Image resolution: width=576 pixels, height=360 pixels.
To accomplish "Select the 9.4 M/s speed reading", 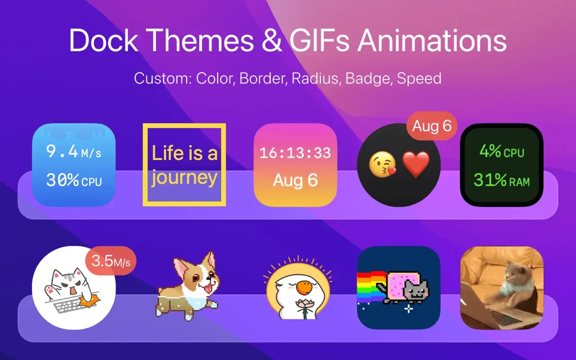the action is (74, 151).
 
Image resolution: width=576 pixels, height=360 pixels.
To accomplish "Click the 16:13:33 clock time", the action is (295, 153).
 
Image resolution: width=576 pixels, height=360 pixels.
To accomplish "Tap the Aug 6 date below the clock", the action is (296, 180).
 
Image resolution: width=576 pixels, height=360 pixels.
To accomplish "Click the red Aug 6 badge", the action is (432, 126).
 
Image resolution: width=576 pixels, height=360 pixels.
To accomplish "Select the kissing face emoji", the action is (383, 164).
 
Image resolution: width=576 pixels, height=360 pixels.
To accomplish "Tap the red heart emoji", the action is (416, 164).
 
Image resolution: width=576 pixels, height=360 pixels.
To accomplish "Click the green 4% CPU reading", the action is (502, 151).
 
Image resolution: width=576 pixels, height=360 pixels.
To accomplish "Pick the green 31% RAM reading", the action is (502, 180).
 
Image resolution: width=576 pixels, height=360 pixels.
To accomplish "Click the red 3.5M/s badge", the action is (111, 261).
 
